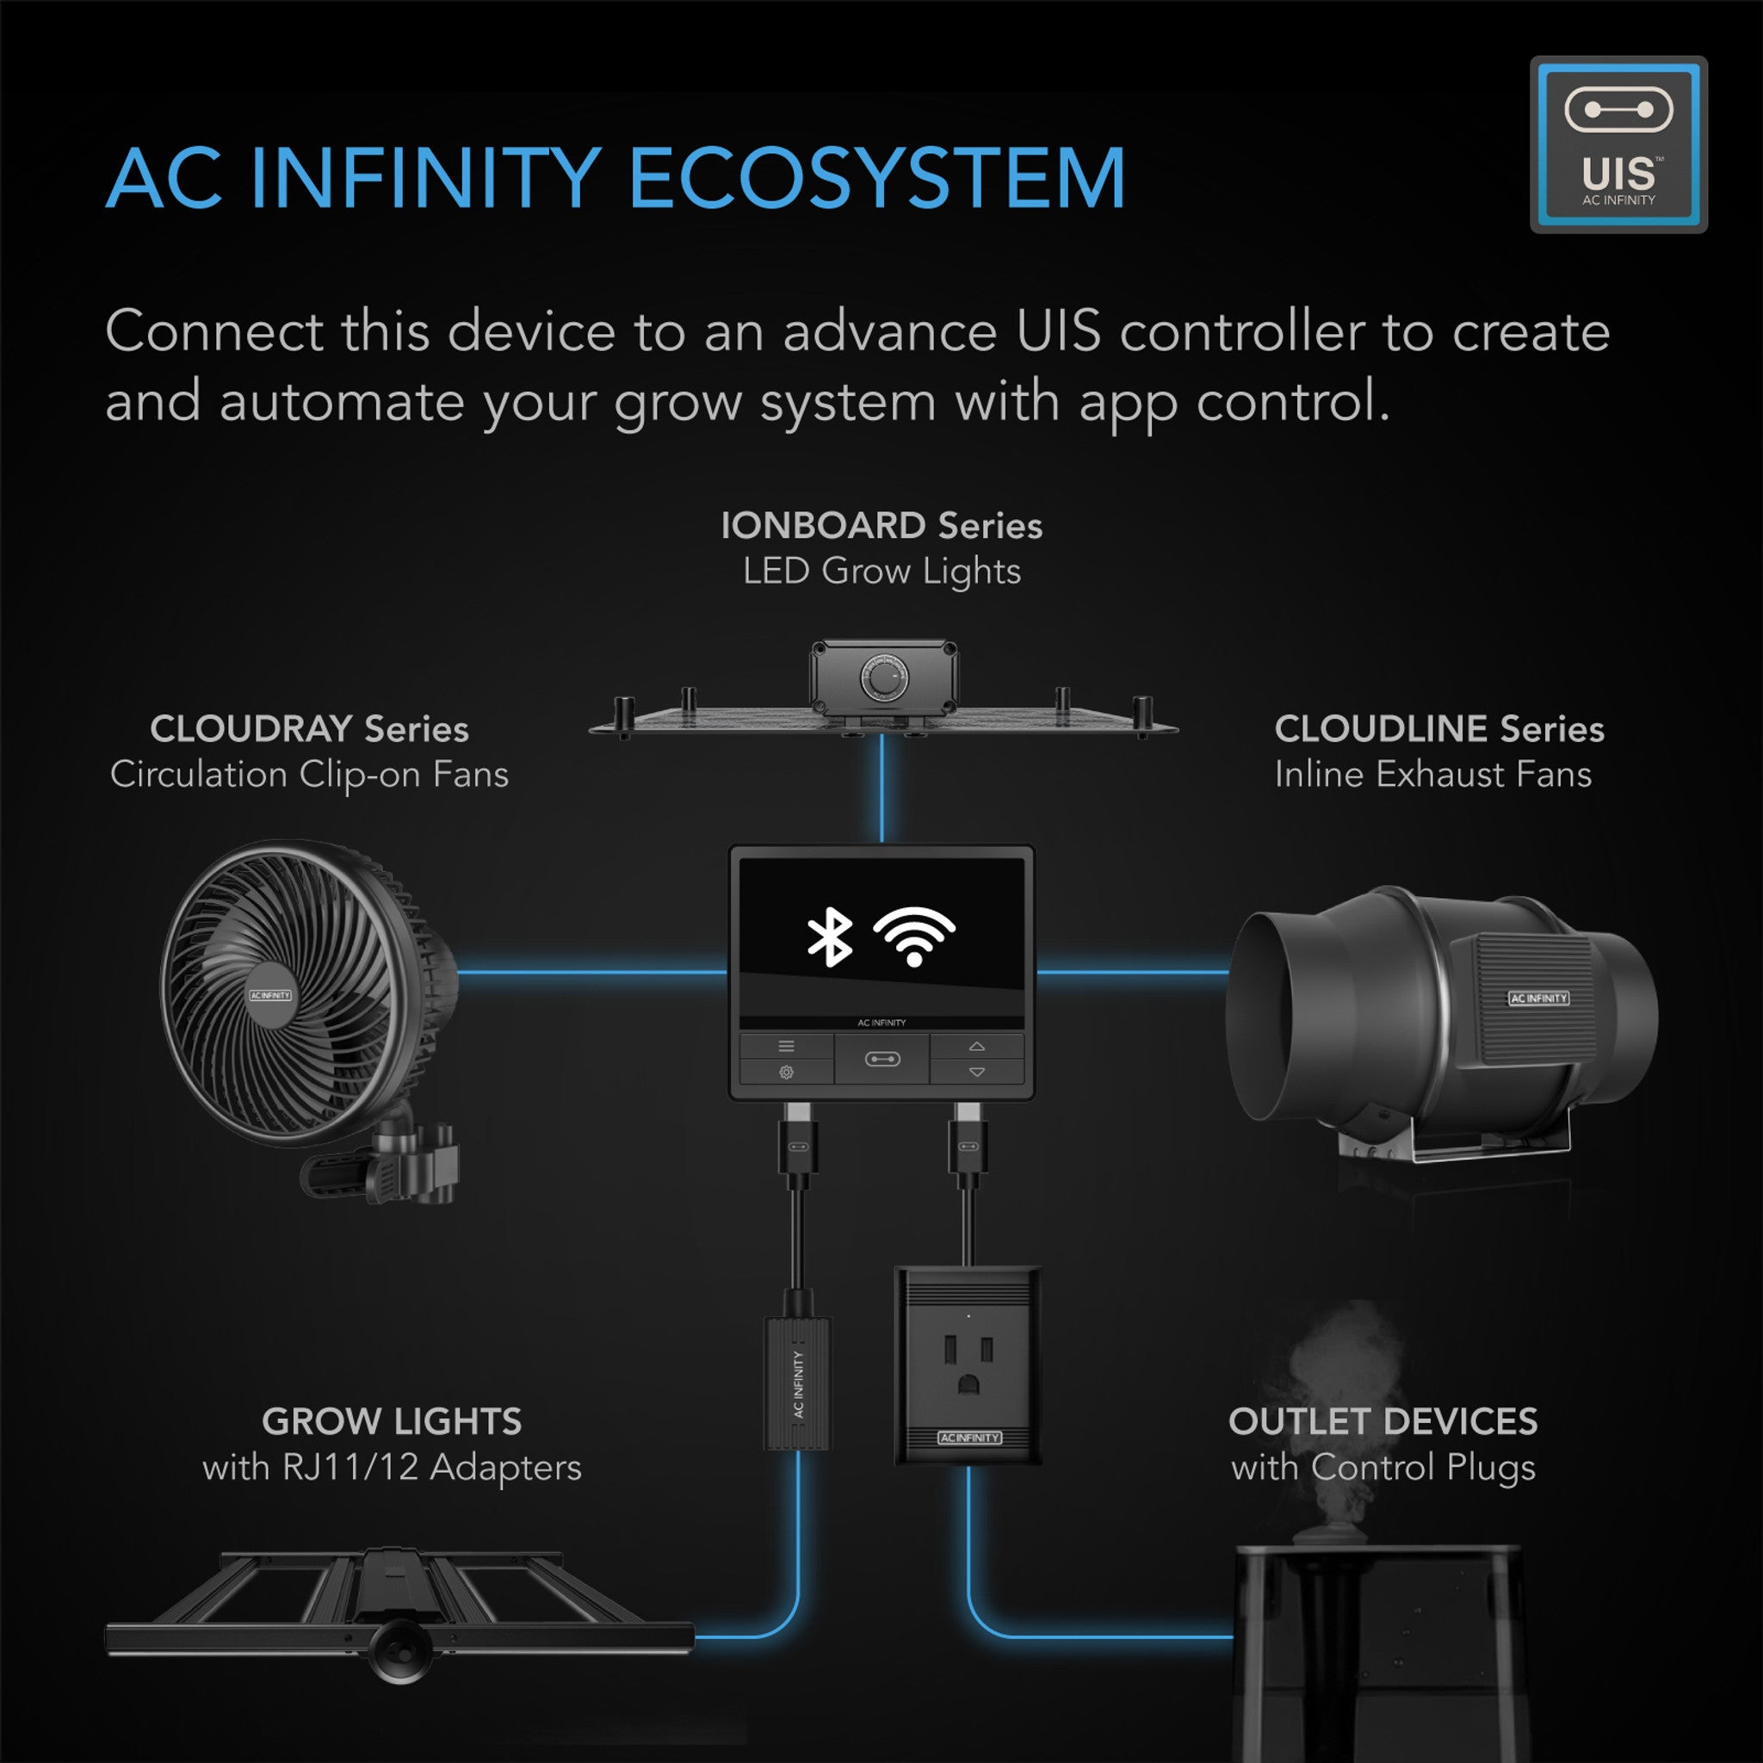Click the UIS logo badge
pos(1618,144)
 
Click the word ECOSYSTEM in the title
pos(876,178)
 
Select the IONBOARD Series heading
pos(881,526)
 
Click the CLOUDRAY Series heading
pos(309,729)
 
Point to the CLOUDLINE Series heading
pos(1438,729)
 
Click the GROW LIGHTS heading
pos(392,1420)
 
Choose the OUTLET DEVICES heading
pos(1383,1420)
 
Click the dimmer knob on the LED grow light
pos(883,681)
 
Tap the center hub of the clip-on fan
pos(270,994)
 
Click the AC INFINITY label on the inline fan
pos(1537,999)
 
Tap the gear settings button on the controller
pos(786,1073)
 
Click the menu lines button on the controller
pos(786,1046)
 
